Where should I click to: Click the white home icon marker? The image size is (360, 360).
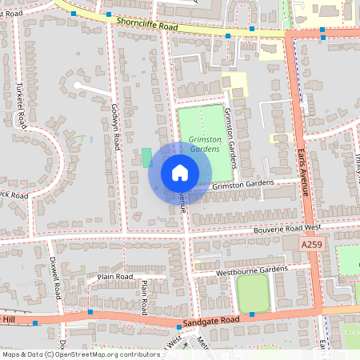(x=180, y=172)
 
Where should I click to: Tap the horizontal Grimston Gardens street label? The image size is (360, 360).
(x=243, y=185)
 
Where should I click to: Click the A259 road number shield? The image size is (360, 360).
(x=313, y=243)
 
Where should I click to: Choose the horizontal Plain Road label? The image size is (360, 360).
(x=114, y=277)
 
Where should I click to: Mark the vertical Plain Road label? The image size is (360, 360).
(x=144, y=296)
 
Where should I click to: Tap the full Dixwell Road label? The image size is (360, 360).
(x=55, y=277)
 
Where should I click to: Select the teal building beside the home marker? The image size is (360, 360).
(x=146, y=157)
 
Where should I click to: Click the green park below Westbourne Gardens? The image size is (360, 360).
(x=253, y=294)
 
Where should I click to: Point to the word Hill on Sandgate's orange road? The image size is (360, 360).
(x=9, y=319)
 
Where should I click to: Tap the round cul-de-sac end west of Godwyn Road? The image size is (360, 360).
(x=78, y=84)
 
